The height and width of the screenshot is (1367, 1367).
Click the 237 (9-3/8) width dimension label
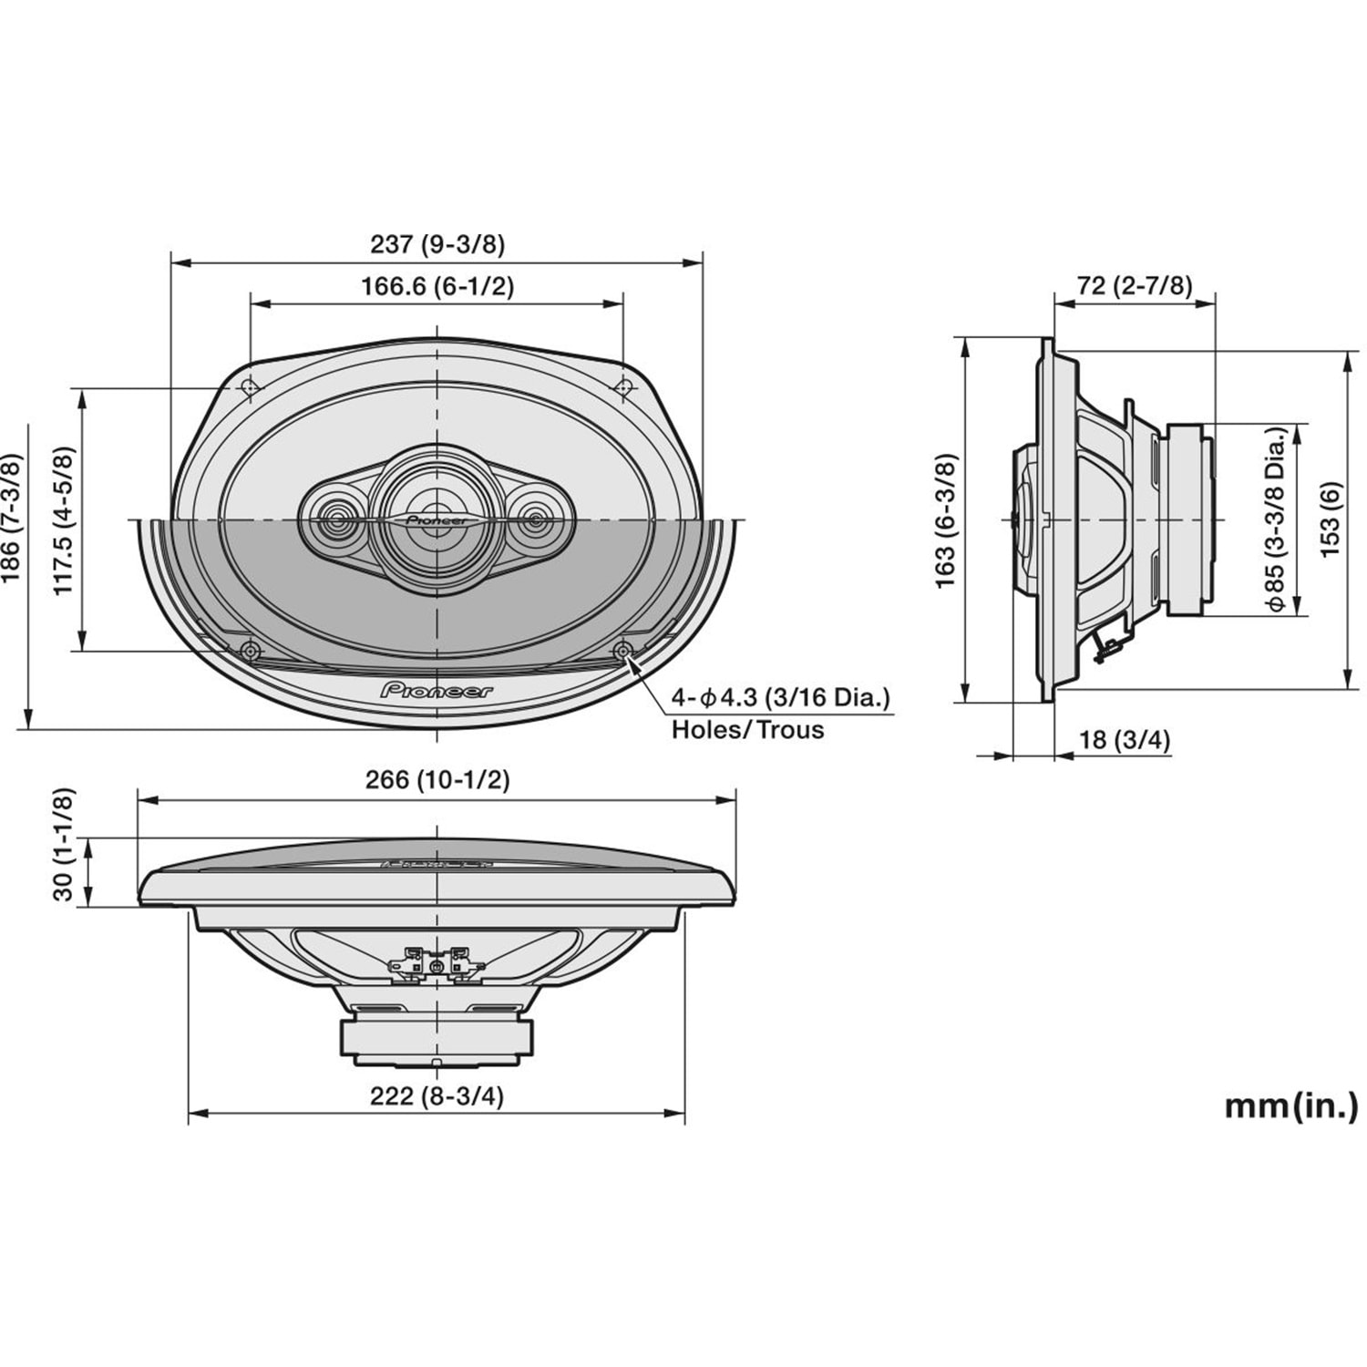tap(437, 244)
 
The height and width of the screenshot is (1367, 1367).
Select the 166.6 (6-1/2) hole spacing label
tap(437, 286)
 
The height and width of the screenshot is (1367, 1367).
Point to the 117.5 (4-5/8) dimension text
tap(63, 520)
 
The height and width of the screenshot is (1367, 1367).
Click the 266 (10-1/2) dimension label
tap(437, 780)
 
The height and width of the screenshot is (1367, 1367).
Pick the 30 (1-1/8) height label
tap(63, 844)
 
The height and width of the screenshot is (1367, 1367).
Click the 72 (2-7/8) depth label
tap(1135, 285)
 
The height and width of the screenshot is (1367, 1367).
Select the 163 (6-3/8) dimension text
tap(947, 520)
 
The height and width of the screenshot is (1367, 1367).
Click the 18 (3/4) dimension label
tap(1125, 740)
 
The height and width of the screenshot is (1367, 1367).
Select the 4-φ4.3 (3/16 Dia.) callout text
tap(781, 699)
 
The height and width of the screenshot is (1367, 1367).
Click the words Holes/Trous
tap(747, 730)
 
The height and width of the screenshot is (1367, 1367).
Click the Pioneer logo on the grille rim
tap(437, 690)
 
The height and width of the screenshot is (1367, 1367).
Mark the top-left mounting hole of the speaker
tap(250, 388)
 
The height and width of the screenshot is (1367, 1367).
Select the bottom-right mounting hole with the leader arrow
tap(623, 651)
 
